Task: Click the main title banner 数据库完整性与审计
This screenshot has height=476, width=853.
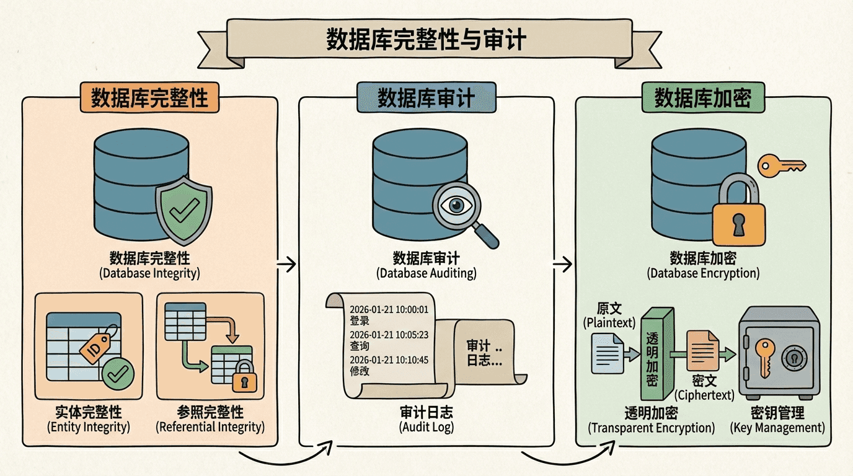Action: click(426, 41)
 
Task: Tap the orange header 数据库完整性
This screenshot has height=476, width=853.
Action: click(149, 99)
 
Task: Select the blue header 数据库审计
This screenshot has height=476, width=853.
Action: click(427, 99)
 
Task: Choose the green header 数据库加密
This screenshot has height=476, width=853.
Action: click(702, 99)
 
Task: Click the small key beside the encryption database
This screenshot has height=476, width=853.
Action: click(782, 165)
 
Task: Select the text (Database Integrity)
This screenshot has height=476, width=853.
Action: click(149, 273)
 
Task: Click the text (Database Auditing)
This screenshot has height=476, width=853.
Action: click(427, 273)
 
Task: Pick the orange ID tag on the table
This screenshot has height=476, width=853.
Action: click(95, 344)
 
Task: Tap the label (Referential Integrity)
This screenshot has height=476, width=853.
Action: click(210, 427)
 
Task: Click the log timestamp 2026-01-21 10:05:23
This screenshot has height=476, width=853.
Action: click(389, 335)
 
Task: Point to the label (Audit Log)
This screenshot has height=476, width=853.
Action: click(427, 427)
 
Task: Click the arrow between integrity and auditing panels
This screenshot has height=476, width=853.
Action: click(286, 265)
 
